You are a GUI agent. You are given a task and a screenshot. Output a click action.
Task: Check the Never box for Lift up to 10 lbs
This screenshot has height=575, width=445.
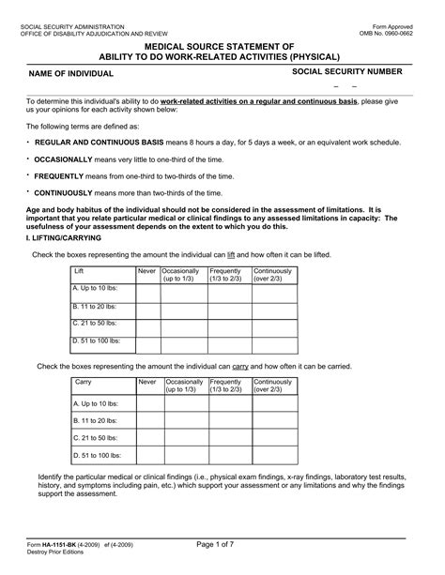(x=148, y=294)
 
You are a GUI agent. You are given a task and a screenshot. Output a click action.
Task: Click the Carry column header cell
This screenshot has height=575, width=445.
(x=103, y=386)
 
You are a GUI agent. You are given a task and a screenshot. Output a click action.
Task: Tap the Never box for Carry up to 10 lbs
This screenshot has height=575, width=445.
(x=148, y=404)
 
